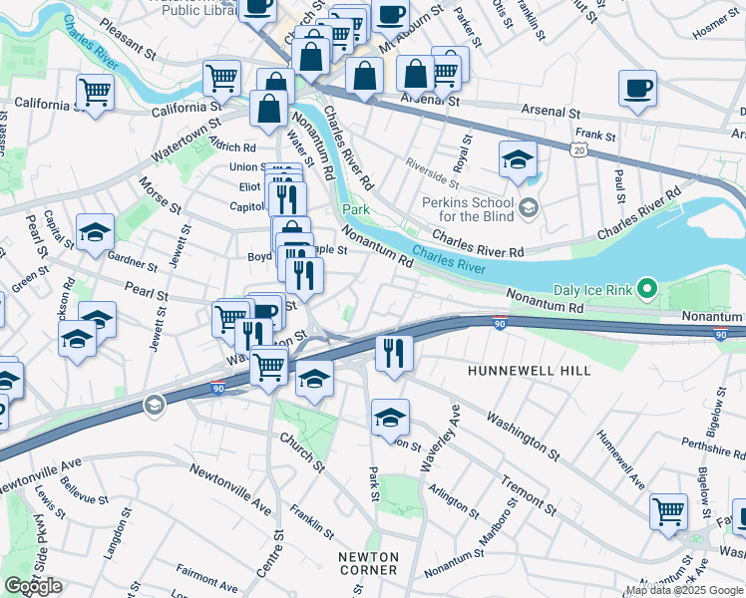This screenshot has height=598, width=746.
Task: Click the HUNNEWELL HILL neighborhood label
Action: pos(529,371)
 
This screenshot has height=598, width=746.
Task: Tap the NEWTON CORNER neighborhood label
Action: pos(368,563)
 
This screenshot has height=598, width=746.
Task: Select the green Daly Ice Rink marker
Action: pos(646,290)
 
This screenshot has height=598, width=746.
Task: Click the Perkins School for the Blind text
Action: pos(468,208)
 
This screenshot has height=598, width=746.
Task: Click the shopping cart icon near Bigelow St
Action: pos(668,511)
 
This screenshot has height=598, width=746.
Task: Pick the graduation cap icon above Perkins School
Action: pos(518,159)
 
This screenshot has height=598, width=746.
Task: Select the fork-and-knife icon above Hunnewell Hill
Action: pos(394,353)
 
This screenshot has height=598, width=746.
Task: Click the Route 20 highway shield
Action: pos(578,149)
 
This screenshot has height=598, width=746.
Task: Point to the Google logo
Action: pos(33,585)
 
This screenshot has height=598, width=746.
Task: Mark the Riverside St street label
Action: pos(432,170)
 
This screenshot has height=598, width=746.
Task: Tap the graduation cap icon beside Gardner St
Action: pos(95,232)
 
